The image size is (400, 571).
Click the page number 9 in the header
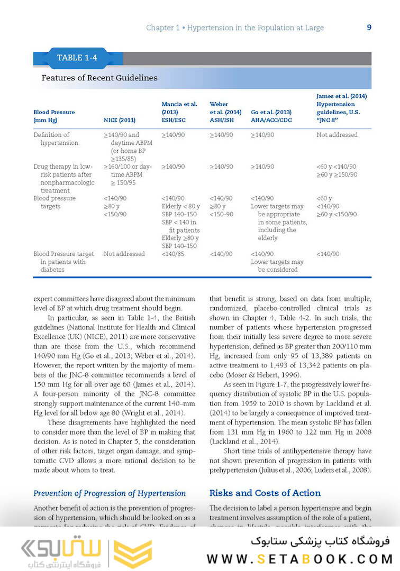[369, 27]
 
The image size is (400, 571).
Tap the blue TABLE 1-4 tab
[77, 58]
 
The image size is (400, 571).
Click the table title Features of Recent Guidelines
[99, 78]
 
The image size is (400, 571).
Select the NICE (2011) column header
[120, 120]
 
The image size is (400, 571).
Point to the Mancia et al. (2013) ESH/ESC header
[179, 112]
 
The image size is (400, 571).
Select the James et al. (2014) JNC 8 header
[341, 108]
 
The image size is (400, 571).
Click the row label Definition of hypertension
[56, 139]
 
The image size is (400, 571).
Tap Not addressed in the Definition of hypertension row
[337, 135]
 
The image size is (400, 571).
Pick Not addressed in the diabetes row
[124, 254]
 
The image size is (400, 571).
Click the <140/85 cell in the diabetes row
[173, 254]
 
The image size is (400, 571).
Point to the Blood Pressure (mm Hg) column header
[54, 116]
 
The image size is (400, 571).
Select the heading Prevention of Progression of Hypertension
[110, 493]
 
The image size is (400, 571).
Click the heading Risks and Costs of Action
[265, 493]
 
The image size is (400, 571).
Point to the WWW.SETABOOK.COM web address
[299, 558]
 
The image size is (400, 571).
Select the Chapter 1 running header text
[235, 27]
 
